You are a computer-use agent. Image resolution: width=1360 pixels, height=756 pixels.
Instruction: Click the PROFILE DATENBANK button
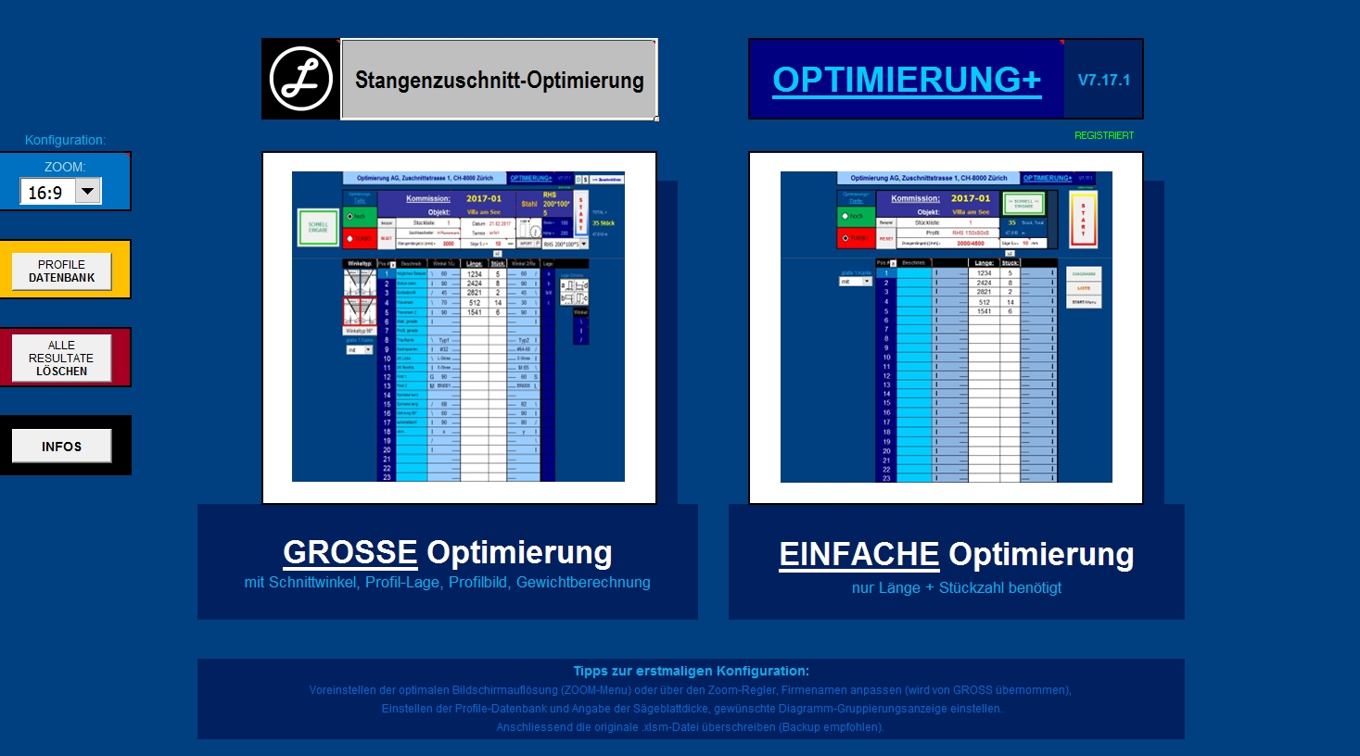tap(61, 271)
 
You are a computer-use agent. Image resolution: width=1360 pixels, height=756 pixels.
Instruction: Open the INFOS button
tap(61, 446)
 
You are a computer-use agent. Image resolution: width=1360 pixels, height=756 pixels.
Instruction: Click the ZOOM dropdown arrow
tap(87, 192)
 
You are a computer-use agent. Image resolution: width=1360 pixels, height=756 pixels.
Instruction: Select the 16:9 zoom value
tap(45, 193)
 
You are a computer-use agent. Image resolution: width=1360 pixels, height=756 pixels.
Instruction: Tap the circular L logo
tap(300, 79)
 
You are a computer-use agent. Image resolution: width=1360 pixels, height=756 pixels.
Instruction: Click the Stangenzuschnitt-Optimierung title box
tap(499, 80)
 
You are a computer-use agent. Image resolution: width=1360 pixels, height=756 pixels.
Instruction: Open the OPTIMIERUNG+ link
tap(907, 80)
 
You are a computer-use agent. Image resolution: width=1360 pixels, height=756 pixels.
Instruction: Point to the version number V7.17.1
tap(1103, 80)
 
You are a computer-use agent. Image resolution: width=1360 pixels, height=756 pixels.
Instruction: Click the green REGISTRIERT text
tap(1103, 135)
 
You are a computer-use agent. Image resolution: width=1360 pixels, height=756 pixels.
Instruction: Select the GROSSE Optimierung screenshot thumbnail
tap(459, 327)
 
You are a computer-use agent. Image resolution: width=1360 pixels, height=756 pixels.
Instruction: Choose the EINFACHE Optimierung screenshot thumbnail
tap(946, 327)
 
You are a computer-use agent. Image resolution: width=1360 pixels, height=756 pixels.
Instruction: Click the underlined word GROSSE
tap(350, 552)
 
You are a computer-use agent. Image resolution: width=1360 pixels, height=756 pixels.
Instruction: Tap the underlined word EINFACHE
tap(858, 554)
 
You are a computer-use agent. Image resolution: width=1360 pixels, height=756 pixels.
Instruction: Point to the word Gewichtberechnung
tap(583, 582)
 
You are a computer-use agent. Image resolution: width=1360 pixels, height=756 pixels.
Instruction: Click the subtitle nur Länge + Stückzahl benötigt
tap(956, 587)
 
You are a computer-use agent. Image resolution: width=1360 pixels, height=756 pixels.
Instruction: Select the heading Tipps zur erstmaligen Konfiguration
tap(691, 671)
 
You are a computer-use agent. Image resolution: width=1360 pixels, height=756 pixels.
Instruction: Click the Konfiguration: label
tap(65, 140)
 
